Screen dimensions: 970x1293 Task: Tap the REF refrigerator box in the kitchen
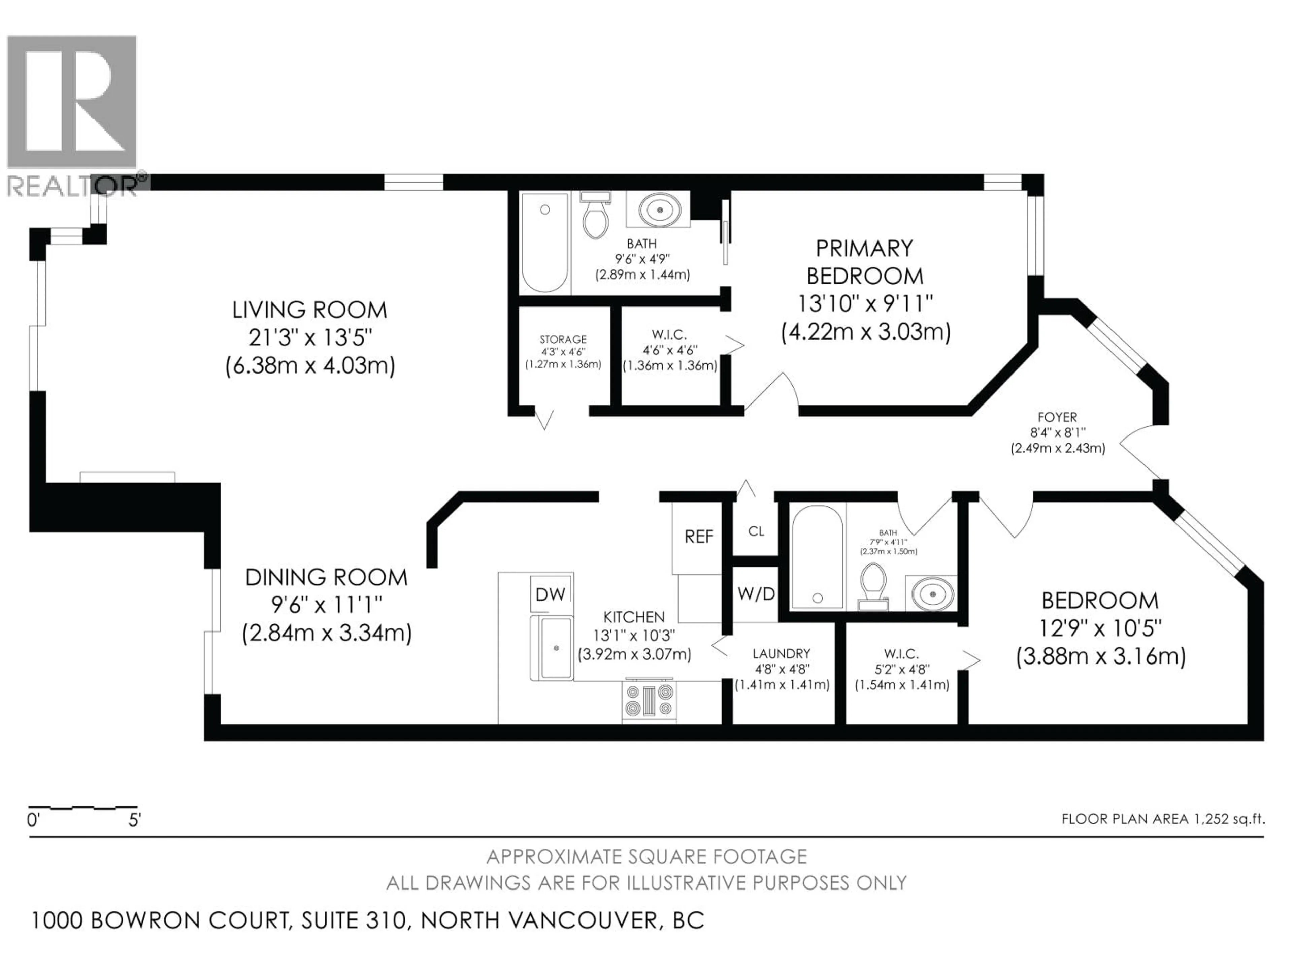pyautogui.click(x=699, y=536)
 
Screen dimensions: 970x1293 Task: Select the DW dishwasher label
pyautogui.click(x=550, y=594)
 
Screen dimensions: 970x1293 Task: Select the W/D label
pyautogui.click(x=756, y=594)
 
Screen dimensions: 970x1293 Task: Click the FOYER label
pyautogui.click(x=1057, y=417)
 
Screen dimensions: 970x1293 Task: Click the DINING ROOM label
pyautogui.click(x=326, y=578)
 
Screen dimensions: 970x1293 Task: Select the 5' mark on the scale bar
pyautogui.click(x=134, y=820)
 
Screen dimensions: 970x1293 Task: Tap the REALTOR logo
pyautogui.click(x=73, y=114)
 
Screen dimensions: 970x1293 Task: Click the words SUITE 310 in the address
pyautogui.click(x=354, y=920)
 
